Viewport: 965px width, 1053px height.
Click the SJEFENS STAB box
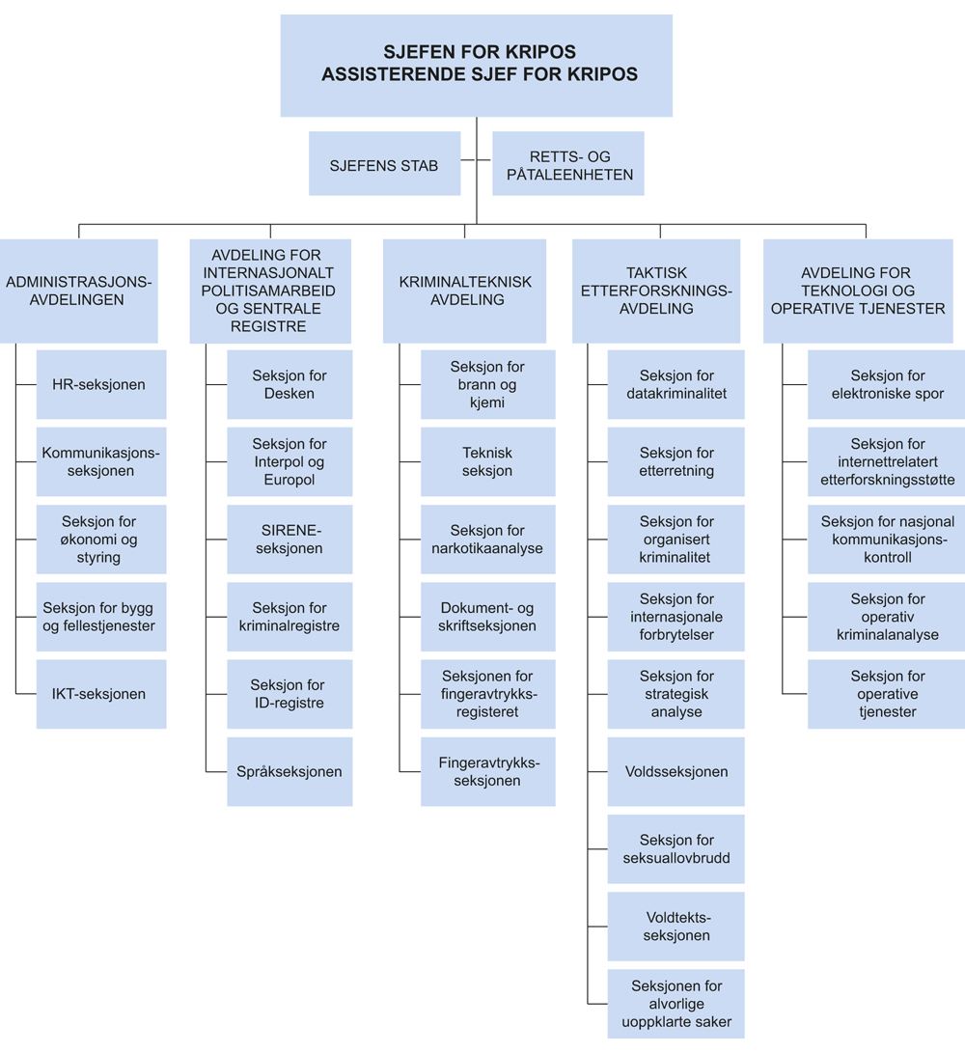point(384,164)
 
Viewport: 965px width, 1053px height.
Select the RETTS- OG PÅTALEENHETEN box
point(567,164)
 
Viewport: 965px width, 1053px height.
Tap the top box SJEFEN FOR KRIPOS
point(478,65)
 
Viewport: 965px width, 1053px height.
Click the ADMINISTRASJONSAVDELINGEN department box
point(79,291)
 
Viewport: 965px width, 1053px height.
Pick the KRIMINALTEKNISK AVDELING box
point(464,291)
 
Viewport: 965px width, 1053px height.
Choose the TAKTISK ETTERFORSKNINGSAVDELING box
point(656,291)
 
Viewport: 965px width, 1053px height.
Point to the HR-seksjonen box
point(100,384)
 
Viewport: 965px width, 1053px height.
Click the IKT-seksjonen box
point(100,694)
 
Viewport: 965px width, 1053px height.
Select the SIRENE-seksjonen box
point(289,540)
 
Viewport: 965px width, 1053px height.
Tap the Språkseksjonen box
point(289,771)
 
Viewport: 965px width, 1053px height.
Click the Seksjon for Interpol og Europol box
point(289,461)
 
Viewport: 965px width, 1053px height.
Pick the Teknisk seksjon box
point(487,461)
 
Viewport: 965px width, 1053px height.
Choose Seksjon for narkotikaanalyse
point(487,540)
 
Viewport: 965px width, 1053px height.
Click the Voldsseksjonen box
point(675,771)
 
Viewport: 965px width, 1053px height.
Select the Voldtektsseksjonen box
point(675,926)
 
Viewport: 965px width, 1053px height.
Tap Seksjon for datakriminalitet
point(675,384)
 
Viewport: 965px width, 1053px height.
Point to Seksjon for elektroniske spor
point(887,384)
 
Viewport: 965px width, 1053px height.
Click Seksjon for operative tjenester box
point(887,694)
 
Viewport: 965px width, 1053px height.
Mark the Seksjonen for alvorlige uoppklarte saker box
point(675,1004)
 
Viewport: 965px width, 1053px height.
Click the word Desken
point(289,394)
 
